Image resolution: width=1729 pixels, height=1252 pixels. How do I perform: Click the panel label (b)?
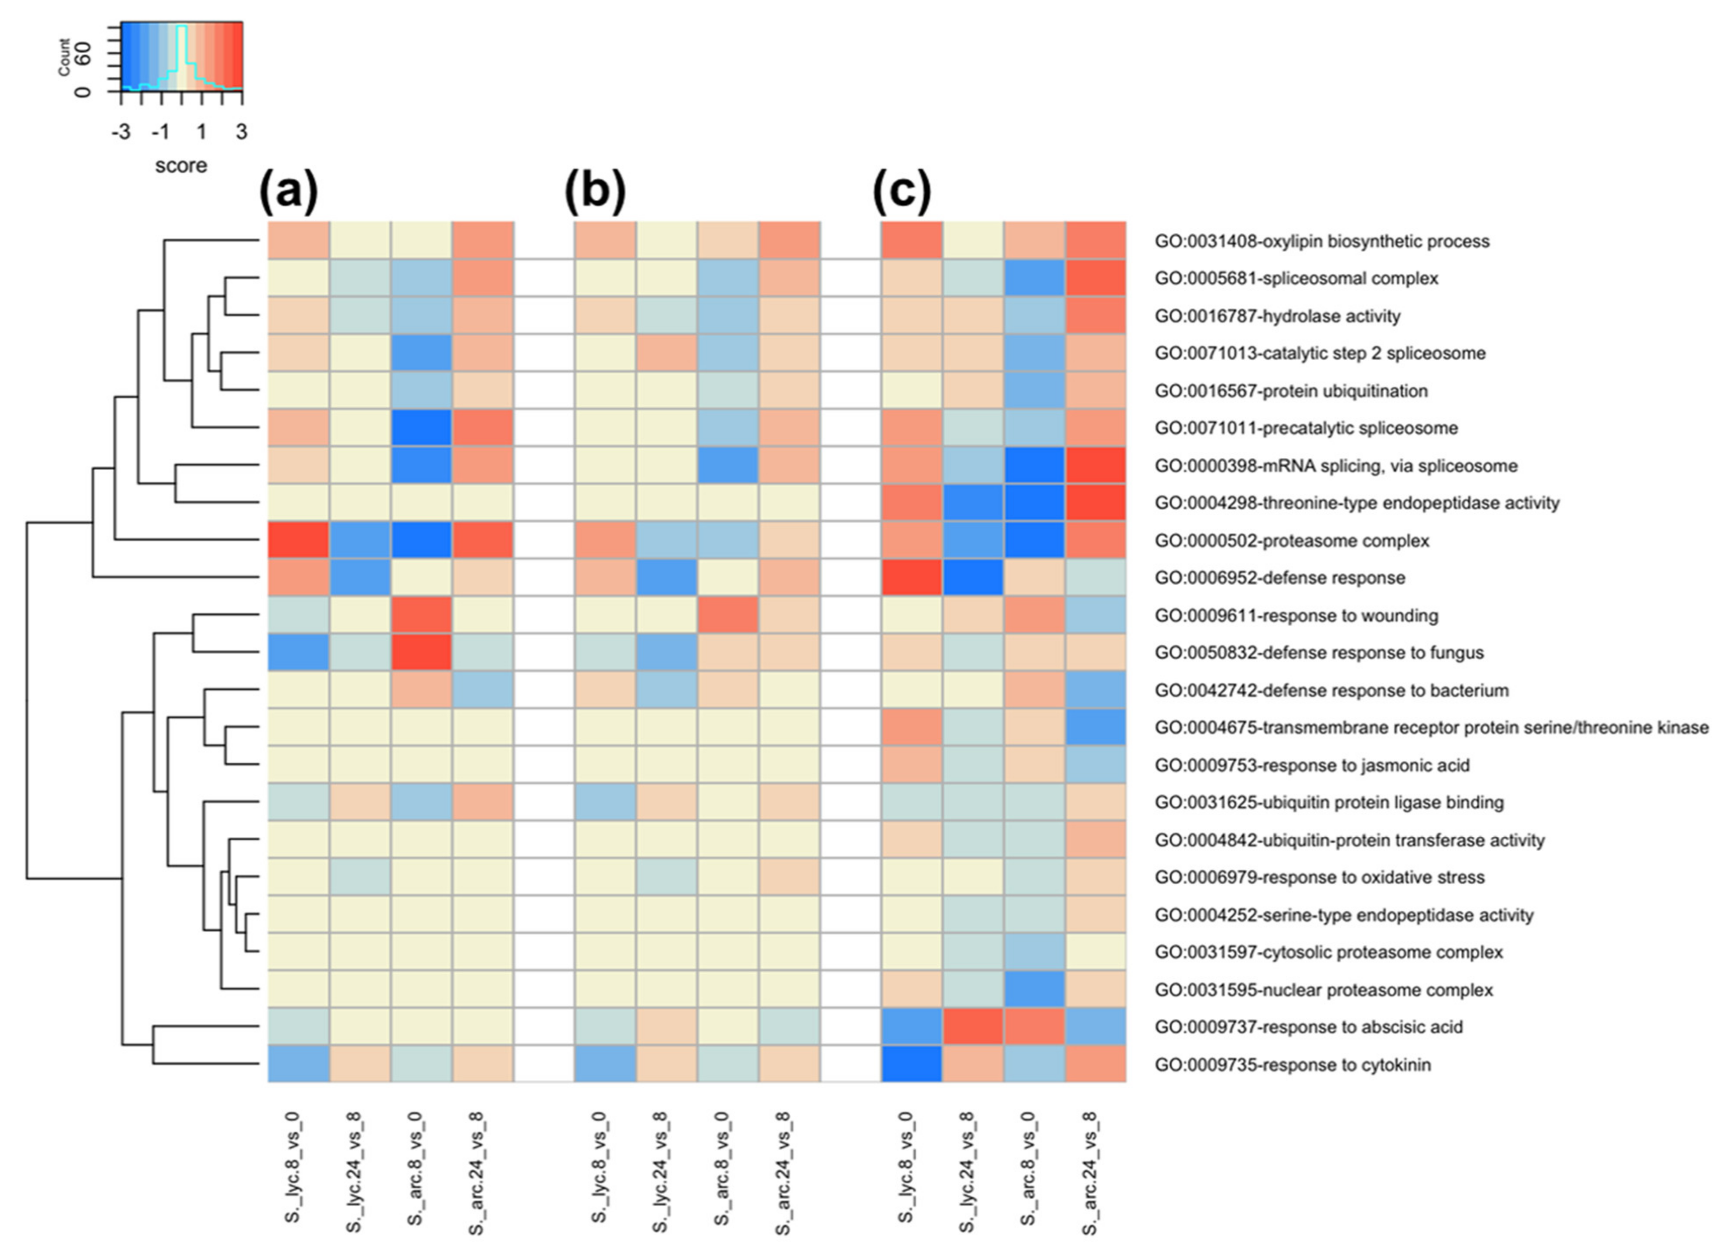[x=595, y=192]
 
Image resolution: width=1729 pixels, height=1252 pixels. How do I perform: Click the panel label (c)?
[x=902, y=192]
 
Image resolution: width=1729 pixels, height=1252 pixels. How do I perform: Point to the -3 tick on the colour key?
[x=120, y=133]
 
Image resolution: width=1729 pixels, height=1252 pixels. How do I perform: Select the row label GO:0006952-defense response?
[x=1279, y=578]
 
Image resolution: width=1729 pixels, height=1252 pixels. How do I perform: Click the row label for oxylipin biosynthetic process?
[x=1321, y=242]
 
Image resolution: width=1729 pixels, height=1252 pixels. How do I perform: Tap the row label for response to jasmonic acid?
[x=1311, y=765]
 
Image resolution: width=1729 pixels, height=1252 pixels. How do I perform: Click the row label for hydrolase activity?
[x=1277, y=317]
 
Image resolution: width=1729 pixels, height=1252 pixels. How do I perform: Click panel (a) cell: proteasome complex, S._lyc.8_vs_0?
[x=298, y=541]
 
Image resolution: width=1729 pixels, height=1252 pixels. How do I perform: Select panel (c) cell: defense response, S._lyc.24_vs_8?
[x=973, y=578]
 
